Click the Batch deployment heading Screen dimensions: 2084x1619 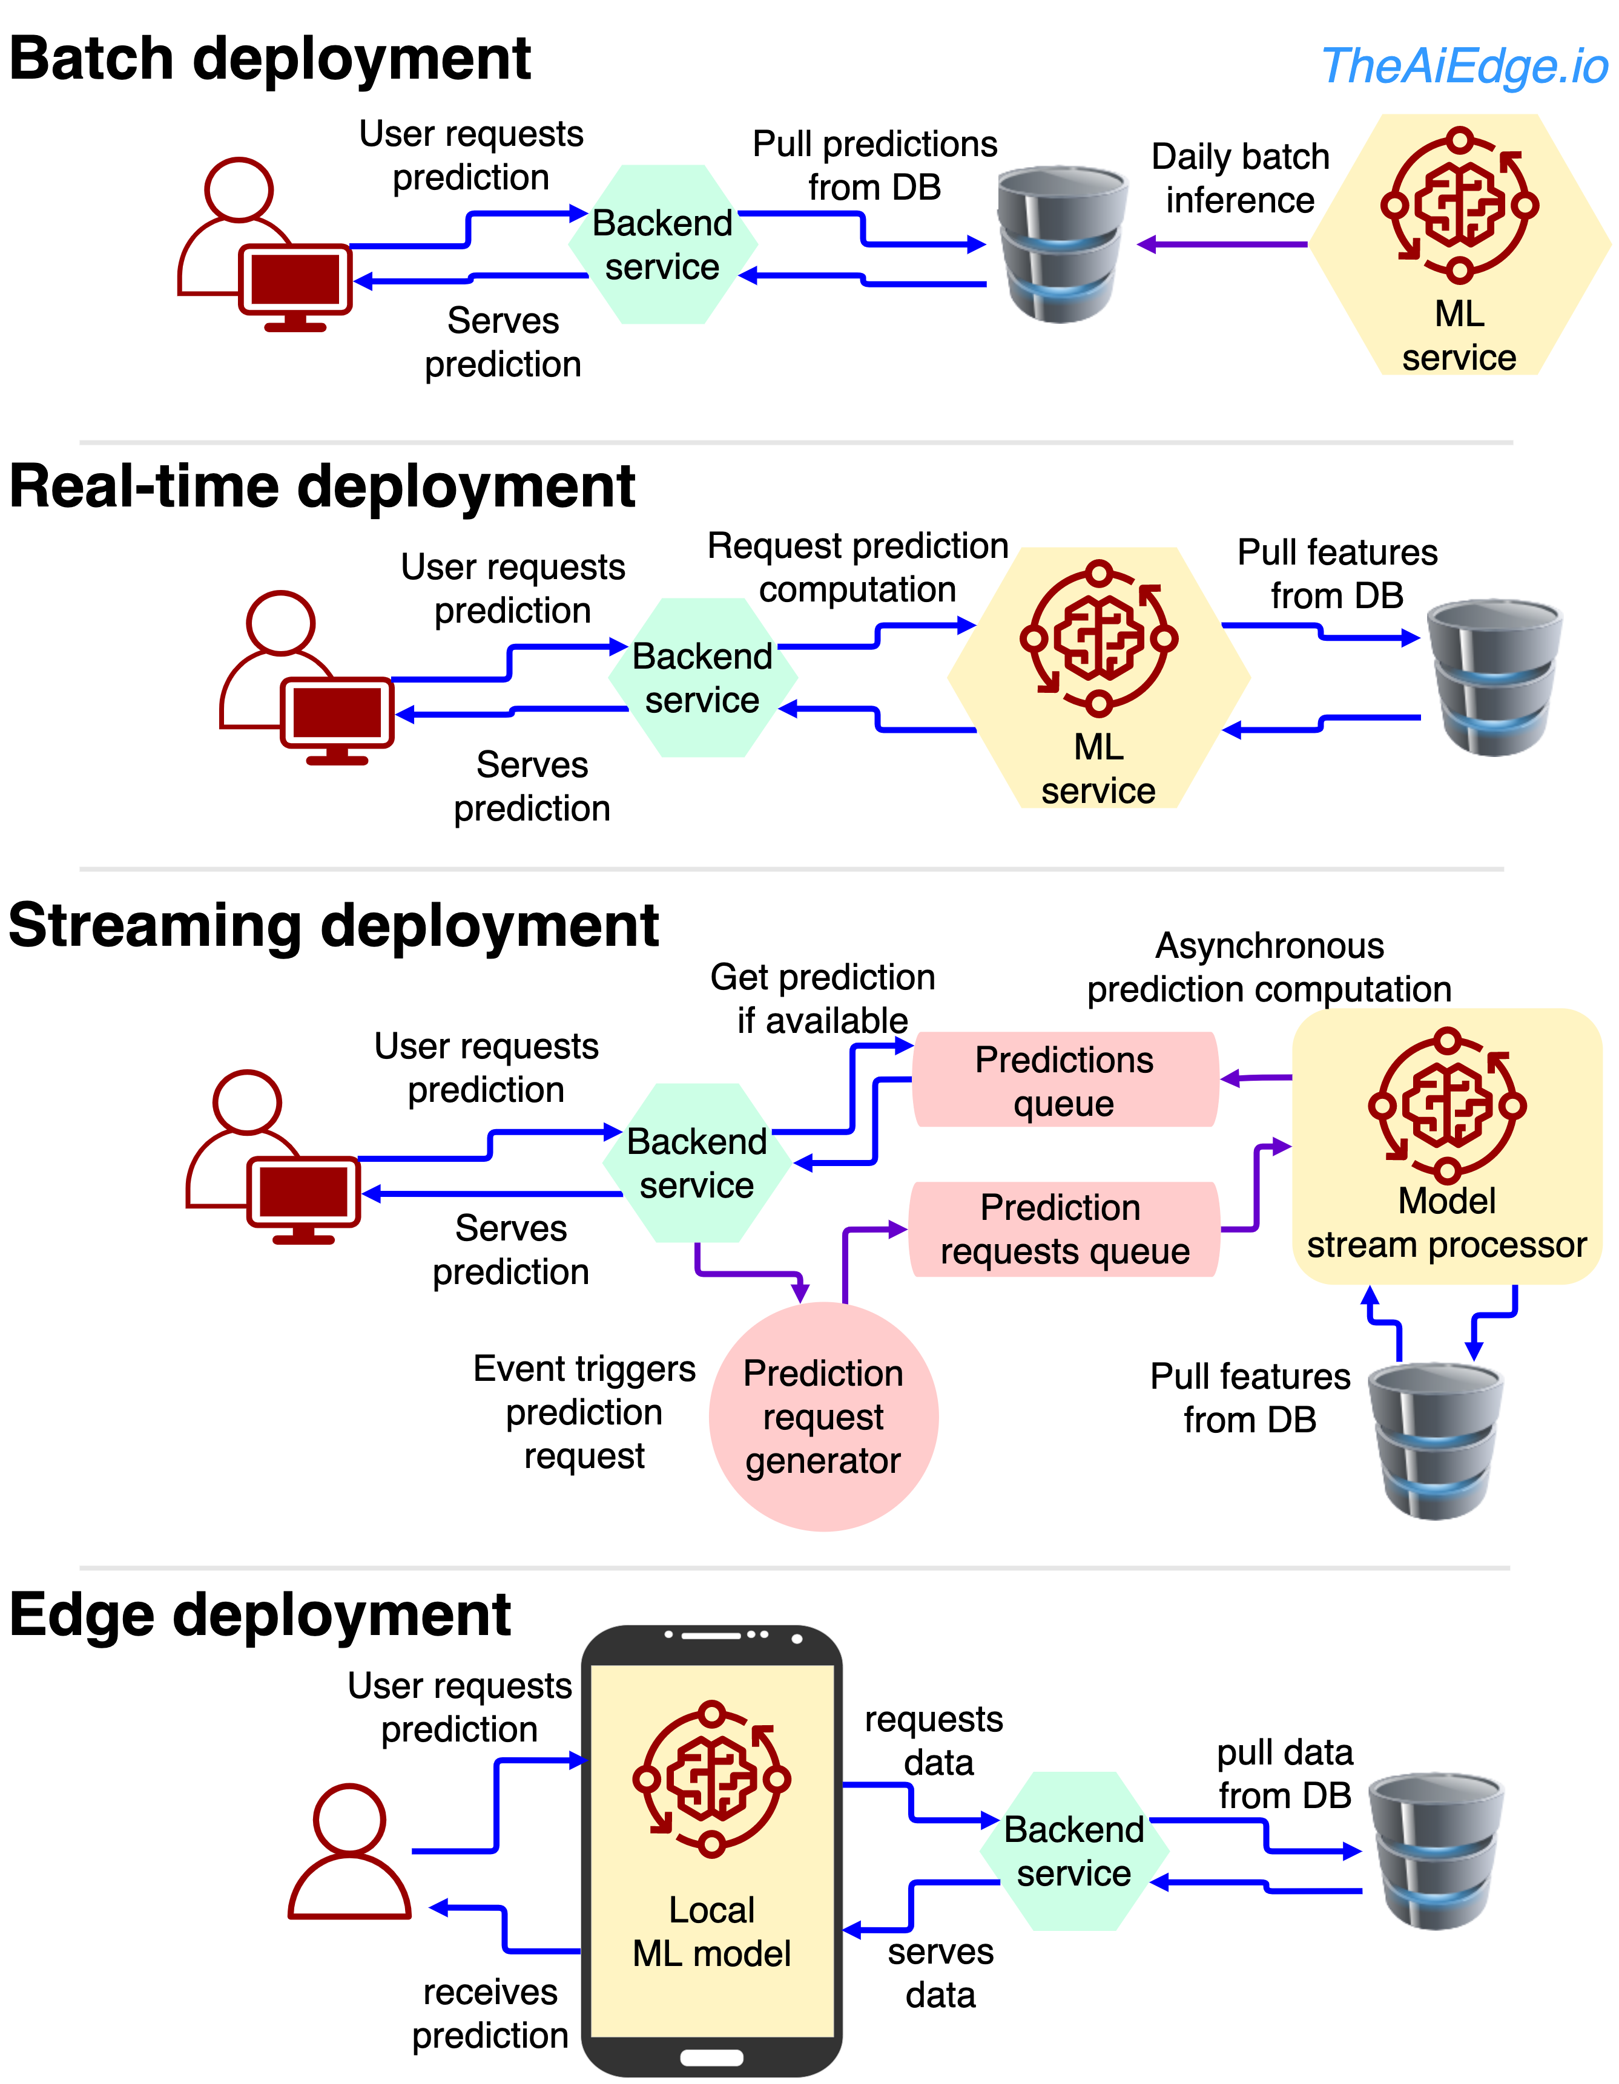pos(269,59)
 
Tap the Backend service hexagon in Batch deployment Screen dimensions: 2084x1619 pos(662,245)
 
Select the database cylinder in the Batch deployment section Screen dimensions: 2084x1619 pos(1061,244)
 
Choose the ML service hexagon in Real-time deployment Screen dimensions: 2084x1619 pos(1099,678)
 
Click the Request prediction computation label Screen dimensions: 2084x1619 pos(857,568)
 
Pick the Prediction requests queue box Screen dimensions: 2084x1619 pos(1064,1229)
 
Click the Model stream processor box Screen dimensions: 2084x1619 pos(1446,1145)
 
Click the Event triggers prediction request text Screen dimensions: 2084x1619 pos(584,1412)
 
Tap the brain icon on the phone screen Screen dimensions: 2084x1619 pos(711,1778)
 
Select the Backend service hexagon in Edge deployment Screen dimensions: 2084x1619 pos(1074,1851)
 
